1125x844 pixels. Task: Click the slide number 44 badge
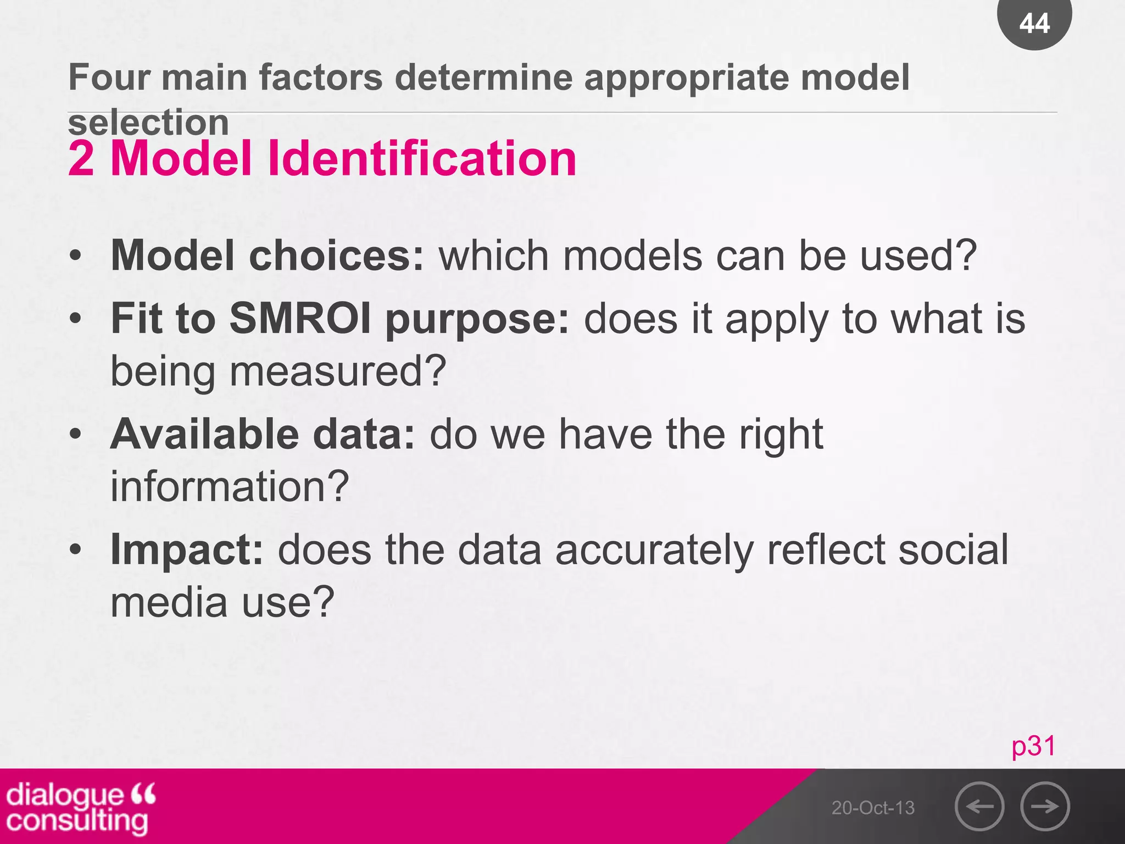[1034, 23]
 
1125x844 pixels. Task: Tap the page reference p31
[1033, 746]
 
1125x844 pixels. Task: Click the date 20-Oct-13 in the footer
[873, 808]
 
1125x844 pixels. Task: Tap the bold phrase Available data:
[263, 434]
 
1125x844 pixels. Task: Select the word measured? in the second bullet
[337, 371]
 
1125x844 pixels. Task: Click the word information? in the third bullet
[230, 487]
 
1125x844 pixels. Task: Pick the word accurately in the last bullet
[654, 549]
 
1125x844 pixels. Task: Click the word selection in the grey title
[148, 122]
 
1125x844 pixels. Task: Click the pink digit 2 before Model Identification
[81, 159]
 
